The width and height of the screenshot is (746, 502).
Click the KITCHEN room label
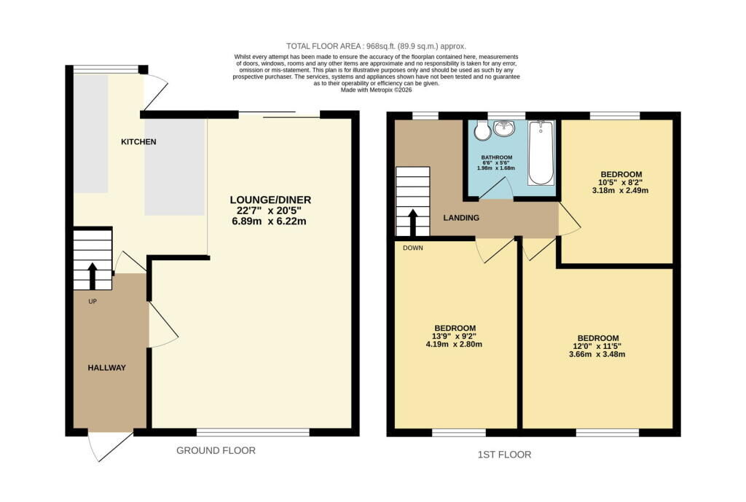coord(138,142)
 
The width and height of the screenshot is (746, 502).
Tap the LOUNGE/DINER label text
coord(270,200)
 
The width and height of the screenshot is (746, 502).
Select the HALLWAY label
coord(106,368)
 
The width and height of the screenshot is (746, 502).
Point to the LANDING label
coord(461,218)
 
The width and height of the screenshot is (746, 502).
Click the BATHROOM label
coord(496,157)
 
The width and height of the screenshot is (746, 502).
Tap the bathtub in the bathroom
coord(541,153)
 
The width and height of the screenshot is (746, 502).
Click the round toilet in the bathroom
coord(482,130)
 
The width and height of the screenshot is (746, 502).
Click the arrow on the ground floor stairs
coord(93,275)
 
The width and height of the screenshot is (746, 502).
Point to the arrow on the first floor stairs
coord(412,223)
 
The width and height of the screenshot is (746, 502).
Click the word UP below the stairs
coord(93,301)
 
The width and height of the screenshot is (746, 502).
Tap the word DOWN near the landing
coord(412,248)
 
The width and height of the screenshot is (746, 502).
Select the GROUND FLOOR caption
coord(216,450)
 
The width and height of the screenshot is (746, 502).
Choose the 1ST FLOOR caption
coord(504,455)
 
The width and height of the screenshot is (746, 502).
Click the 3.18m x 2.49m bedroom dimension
coord(620,190)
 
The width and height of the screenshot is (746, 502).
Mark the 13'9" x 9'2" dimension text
coord(455,336)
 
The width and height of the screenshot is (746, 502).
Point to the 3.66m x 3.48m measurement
coord(597,354)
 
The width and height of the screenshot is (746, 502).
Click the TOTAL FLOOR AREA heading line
coord(376,46)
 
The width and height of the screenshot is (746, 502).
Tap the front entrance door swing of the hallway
coord(110,447)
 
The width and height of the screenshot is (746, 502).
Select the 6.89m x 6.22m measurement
coord(269,221)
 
